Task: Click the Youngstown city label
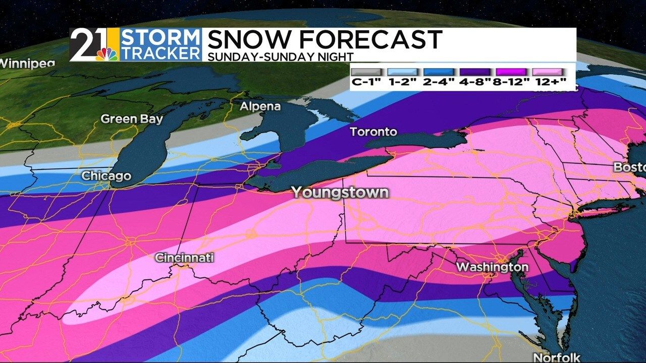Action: click(x=340, y=193)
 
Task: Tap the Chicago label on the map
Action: click(x=106, y=176)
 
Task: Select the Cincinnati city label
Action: click(x=184, y=258)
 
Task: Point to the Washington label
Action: click(x=492, y=267)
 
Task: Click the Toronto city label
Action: click(x=374, y=132)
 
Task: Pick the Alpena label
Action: click(x=260, y=107)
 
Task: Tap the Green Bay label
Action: click(x=132, y=119)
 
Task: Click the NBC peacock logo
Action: click(x=107, y=53)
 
